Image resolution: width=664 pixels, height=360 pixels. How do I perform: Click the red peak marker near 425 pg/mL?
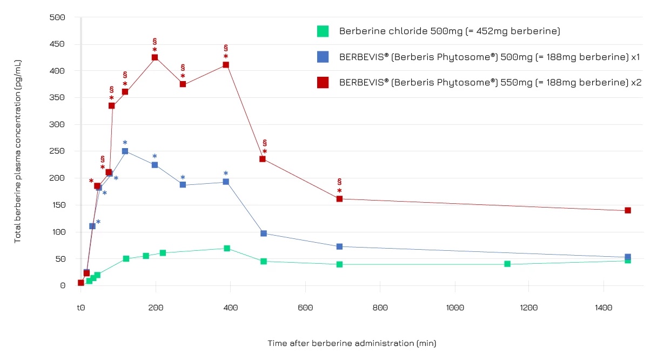coord(155,57)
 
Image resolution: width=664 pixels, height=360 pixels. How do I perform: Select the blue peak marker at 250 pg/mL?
coord(125,151)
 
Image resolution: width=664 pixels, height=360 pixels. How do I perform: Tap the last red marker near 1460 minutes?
coord(628,210)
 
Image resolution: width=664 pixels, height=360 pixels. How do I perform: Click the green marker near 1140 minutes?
coord(507,264)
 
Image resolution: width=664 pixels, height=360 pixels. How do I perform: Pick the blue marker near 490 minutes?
coord(264,234)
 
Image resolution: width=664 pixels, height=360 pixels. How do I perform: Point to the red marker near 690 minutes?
coord(339,199)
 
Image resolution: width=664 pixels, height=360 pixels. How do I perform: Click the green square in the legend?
coord(323,31)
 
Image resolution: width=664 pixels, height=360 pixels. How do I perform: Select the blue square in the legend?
coord(323,57)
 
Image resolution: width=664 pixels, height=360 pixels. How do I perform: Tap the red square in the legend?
coord(323,82)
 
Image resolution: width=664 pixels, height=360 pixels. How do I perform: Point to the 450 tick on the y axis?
coord(57,44)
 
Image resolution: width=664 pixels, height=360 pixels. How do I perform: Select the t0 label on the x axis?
coord(81,308)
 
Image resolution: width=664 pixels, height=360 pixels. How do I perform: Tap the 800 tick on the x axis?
coord(380,308)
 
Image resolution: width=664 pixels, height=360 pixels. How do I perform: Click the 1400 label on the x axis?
coord(603,308)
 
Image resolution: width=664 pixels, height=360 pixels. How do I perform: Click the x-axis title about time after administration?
coord(352,343)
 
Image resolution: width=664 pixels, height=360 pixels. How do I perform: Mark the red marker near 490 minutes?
coord(263,159)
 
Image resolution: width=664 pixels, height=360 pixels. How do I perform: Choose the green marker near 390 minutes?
coord(227,249)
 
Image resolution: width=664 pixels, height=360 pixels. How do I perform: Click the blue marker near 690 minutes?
coord(339,246)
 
